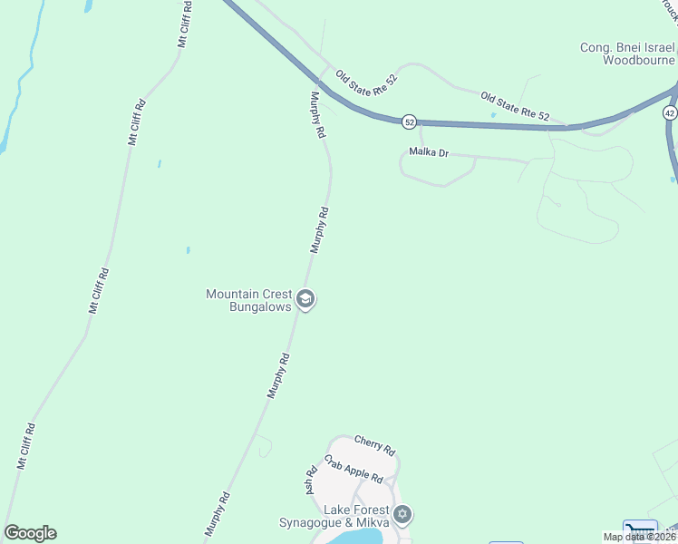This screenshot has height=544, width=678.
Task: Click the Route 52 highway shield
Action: click(410, 121)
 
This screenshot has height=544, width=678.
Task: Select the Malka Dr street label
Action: click(429, 152)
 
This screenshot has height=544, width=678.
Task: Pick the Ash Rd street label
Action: click(310, 481)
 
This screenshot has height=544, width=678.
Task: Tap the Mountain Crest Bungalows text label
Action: click(248, 300)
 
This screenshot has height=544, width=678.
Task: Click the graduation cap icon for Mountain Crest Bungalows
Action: click(306, 299)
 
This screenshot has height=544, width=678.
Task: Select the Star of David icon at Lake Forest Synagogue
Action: click(403, 516)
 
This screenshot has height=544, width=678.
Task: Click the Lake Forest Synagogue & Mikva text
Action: click(334, 517)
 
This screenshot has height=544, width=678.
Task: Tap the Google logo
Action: click(30, 533)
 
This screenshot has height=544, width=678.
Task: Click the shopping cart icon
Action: click(640, 529)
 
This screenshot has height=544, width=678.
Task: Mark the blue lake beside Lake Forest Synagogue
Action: click(358, 537)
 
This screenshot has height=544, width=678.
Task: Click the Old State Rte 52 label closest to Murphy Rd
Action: click(367, 83)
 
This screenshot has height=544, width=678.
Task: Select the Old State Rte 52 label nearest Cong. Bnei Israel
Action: click(515, 105)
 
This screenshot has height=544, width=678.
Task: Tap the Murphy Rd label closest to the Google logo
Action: click(218, 514)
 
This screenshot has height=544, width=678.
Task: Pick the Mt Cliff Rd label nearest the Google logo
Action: click(25, 445)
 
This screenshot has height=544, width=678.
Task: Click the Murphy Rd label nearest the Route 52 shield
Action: click(317, 114)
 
